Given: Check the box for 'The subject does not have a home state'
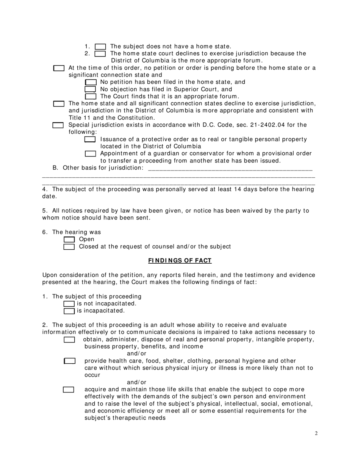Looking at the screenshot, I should [100, 47].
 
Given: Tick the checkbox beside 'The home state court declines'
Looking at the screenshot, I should [100, 54].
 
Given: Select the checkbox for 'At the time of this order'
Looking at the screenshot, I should [59, 68].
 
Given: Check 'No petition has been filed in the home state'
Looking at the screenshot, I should [91, 82].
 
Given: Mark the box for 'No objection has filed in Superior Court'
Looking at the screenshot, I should [90, 89].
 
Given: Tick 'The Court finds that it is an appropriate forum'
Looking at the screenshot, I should [91, 97].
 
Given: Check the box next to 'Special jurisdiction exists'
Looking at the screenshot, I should [58, 125].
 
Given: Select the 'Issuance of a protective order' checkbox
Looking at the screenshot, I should [90, 139].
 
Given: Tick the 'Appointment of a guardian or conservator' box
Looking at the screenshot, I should [91, 154].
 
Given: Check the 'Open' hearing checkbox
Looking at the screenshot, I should [69, 239].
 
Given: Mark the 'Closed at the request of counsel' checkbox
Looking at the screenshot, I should [69, 247].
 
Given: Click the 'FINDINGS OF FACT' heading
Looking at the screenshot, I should [180, 261].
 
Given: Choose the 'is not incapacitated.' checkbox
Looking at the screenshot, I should [69, 304].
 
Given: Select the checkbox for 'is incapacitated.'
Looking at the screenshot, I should [69, 311].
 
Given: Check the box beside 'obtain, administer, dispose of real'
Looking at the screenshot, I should [69, 340].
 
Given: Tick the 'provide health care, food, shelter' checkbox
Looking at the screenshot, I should [70, 361].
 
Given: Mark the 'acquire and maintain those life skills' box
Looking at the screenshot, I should [69, 390].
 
